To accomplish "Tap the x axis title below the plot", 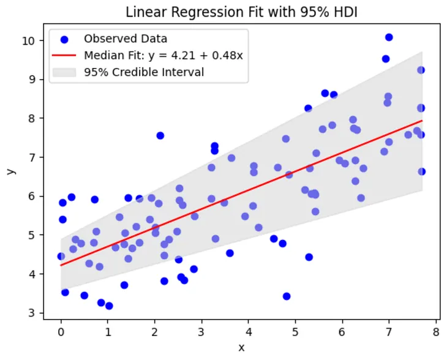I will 241,348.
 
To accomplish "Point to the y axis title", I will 10,170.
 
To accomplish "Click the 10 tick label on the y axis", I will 37,40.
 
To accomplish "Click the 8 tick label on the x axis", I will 435,332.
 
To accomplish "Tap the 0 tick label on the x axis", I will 61,332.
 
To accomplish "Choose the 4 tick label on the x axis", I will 248,332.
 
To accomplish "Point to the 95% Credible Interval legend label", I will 144,72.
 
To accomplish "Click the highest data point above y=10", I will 389,37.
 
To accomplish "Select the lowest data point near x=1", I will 109,306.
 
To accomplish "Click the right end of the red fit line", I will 422,121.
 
